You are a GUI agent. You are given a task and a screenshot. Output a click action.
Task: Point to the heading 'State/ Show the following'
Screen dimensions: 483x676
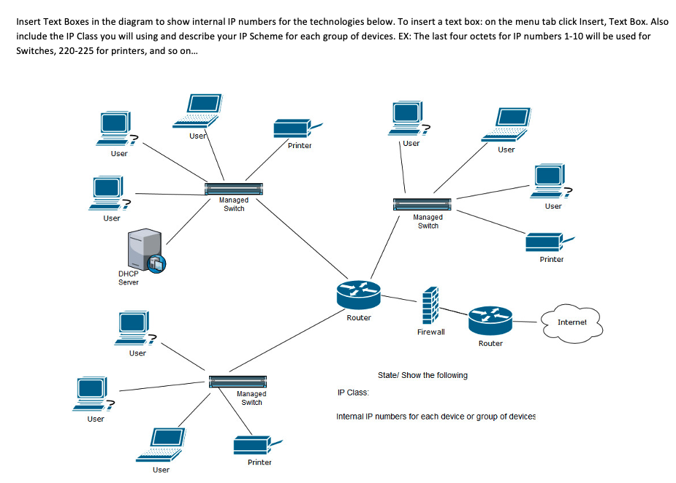tap(422, 375)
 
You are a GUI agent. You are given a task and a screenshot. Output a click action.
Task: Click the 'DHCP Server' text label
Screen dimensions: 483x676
tap(128, 278)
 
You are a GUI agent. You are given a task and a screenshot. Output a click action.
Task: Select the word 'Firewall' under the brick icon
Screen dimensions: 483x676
tap(430, 332)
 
